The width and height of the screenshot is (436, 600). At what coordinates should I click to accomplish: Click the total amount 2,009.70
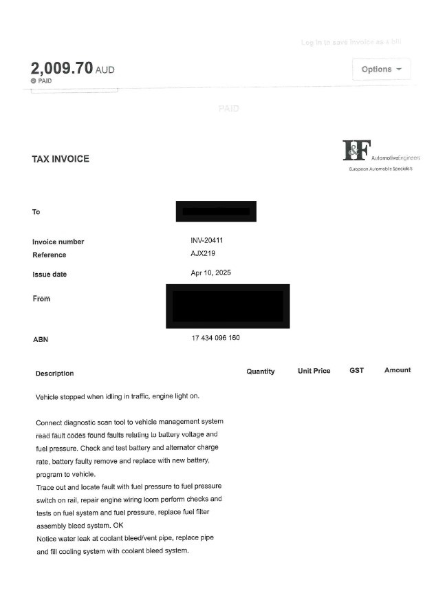click(x=62, y=68)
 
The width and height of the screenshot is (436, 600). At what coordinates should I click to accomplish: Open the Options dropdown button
click(x=381, y=69)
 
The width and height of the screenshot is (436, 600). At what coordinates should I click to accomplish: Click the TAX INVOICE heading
click(x=61, y=159)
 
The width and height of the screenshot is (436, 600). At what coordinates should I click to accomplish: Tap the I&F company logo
click(x=357, y=149)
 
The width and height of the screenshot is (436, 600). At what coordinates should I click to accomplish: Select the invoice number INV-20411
click(x=206, y=241)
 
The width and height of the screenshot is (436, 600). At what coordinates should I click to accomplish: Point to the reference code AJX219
click(x=203, y=254)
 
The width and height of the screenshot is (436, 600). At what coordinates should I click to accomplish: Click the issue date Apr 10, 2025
click(x=210, y=273)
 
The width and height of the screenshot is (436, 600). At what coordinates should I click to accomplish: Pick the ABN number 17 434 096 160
click(x=215, y=338)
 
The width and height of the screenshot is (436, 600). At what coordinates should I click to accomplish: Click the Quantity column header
click(x=261, y=371)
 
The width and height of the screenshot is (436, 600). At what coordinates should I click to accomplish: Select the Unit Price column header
click(x=314, y=371)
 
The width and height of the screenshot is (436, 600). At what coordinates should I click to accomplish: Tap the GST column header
click(x=356, y=370)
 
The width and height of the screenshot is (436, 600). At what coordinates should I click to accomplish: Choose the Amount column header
click(x=397, y=370)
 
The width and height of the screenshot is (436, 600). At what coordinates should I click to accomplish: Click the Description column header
click(x=54, y=374)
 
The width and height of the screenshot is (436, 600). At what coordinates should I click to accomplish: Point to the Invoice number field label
click(x=58, y=242)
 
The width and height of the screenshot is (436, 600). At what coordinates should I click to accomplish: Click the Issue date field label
click(x=50, y=275)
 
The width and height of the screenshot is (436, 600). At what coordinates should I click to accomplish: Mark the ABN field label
click(x=40, y=339)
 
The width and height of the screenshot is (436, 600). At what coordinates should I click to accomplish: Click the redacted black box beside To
click(x=216, y=211)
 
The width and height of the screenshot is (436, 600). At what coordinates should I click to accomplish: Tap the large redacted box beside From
click(x=228, y=306)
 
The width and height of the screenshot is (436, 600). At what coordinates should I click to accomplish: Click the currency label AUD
click(x=105, y=70)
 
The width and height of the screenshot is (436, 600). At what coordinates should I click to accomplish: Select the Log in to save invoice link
click(x=351, y=43)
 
